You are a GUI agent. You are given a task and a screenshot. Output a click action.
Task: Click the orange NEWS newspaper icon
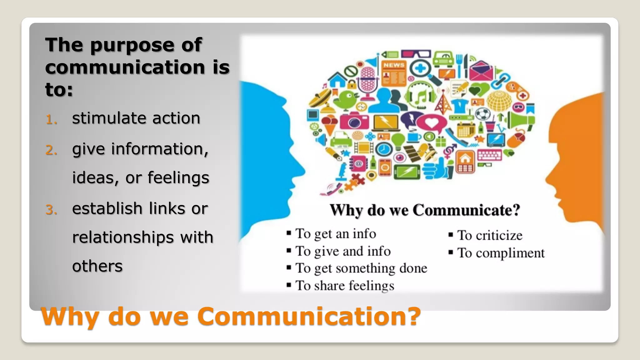point(394,73)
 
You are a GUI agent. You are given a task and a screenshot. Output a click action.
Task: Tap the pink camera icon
point(354,120)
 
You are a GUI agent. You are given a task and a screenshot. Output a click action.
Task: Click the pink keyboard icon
point(489,155)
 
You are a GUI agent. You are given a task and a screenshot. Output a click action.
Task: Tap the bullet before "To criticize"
point(451,235)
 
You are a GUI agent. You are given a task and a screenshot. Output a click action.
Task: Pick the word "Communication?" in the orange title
point(309,316)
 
